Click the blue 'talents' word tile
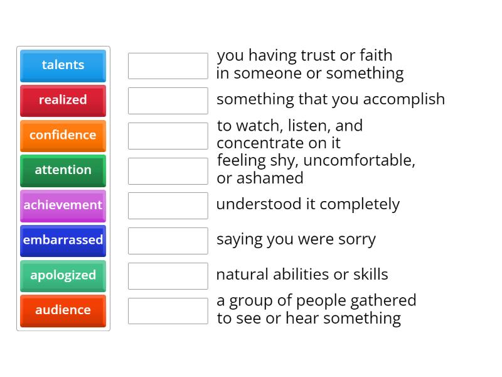coord(63,65)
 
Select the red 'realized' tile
coord(63,100)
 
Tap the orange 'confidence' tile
coord(63,135)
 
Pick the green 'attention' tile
coord(63,170)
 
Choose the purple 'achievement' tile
coord(63,205)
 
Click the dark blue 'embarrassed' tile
coord(63,240)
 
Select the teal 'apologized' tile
coord(63,275)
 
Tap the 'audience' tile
coord(63,310)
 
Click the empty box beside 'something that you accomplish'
coord(168,101)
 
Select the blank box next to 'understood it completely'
coord(168,205)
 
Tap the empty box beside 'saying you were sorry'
coord(168,241)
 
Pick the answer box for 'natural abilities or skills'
coord(168,276)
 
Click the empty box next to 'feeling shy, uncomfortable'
coord(168,171)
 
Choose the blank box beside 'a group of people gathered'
coord(168,311)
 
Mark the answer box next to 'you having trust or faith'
coord(168,66)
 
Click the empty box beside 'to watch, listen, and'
coord(168,136)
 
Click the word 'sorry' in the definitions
coord(356,239)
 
